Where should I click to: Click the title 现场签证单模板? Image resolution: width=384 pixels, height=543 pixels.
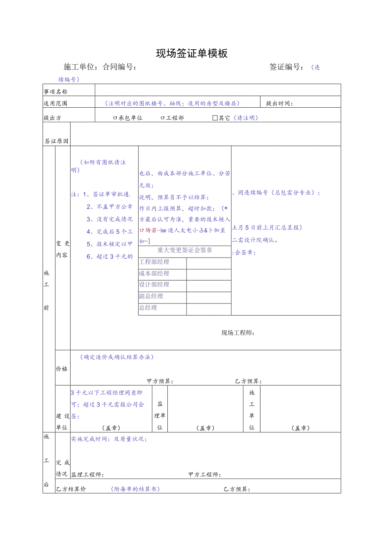click(192, 53)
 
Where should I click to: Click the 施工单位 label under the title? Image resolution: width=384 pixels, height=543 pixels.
click(81, 67)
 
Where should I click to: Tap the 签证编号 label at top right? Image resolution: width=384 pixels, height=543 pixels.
click(286, 67)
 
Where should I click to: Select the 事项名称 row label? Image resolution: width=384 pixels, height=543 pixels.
click(56, 91)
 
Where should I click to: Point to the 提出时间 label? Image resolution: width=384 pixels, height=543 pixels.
click(279, 104)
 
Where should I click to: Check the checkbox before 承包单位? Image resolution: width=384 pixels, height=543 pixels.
click(115, 118)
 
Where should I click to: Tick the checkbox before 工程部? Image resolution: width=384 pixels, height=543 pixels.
click(162, 118)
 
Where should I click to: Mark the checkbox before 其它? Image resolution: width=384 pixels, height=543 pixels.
click(215, 118)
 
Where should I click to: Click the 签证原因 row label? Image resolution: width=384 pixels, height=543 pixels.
click(56, 141)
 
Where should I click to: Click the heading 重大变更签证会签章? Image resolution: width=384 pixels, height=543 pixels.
click(184, 250)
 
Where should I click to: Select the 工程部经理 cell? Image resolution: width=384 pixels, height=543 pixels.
click(154, 262)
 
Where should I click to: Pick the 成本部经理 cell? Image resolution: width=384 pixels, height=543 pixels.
click(154, 274)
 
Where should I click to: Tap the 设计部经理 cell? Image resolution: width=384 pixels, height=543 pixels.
click(154, 285)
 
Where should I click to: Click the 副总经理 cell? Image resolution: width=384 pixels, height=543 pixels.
click(151, 296)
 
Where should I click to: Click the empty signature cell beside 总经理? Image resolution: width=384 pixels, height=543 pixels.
click(208, 309)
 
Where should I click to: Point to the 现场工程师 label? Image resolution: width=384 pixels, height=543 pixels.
click(237, 333)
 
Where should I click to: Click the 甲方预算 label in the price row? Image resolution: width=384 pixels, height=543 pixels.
click(160, 381)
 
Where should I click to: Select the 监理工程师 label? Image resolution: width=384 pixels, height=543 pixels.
click(87, 475)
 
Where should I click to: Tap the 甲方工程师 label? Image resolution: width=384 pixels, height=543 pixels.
click(204, 475)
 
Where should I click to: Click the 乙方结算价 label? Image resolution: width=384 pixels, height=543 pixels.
click(71, 489)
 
